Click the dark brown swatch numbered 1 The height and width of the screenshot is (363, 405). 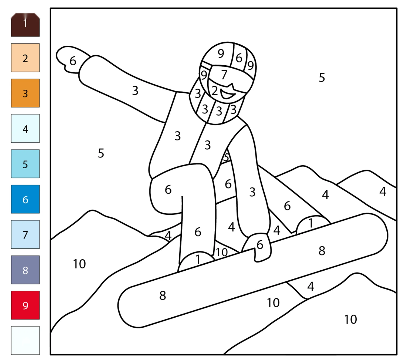click(25, 25)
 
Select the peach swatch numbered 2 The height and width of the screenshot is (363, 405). click(25, 58)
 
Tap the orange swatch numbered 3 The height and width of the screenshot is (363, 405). click(25, 93)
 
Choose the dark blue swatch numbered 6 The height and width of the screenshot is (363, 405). click(25, 199)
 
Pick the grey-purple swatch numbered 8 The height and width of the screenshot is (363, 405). click(25, 270)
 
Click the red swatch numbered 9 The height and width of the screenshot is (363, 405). click(25, 305)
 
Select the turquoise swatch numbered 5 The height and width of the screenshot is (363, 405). click(25, 164)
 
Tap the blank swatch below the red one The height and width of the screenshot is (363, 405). click(25, 340)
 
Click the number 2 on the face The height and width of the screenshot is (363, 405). click(214, 90)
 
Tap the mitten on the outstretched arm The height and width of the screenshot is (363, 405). click(71, 60)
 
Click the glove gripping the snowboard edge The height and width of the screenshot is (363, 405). click(258, 247)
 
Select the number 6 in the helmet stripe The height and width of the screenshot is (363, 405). click(239, 58)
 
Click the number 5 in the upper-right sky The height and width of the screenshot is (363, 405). click(322, 78)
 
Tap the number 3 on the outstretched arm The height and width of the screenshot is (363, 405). click(135, 90)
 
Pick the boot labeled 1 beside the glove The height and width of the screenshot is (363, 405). click(313, 224)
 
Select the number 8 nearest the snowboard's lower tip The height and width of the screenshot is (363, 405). click(163, 295)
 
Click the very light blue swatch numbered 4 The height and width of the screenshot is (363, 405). click(25, 128)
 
